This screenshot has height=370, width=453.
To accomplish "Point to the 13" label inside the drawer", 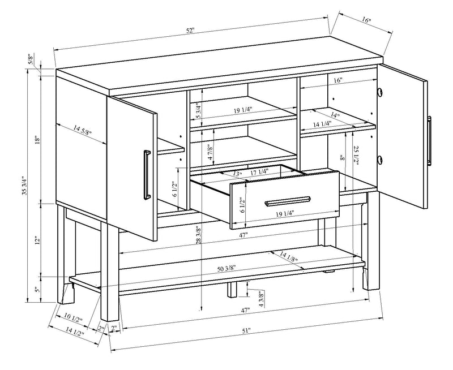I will [237, 174].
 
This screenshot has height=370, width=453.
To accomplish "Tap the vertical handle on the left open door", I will [147, 174].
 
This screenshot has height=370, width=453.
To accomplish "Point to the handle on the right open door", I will [429, 134].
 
